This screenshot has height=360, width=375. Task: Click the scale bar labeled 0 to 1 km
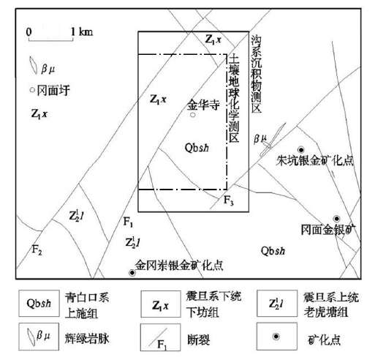click(51, 39)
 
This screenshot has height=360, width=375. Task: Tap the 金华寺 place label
click(203, 105)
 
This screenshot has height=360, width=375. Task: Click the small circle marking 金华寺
click(193, 115)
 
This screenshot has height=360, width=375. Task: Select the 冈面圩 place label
click(53, 91)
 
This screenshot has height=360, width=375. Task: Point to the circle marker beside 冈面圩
click(32, 90)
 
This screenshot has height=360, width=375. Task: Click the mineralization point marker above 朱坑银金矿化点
click(301, 149)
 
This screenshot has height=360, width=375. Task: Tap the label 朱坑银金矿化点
click(314, 160)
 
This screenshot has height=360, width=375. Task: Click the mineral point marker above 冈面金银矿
click(336, 218)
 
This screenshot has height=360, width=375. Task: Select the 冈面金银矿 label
click(328, 230)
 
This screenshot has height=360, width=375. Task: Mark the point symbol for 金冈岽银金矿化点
click(132, 273)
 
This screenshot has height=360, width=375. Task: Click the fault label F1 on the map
click(128, 222)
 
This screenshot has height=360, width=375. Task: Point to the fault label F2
click(37, 250)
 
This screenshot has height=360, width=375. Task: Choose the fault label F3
click(229, 200)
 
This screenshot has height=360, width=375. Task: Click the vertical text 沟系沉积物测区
click(257, 74)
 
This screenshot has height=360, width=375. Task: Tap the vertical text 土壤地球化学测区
click(234, 98)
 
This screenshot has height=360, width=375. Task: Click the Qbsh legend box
click(39, 303)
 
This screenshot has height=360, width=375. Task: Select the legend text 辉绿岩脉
click(87, 339)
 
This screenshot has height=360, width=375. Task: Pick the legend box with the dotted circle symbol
click(277, 337)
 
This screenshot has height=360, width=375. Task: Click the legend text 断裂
click(199, 340)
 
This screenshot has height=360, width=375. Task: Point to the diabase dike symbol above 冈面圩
click(33, 65)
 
